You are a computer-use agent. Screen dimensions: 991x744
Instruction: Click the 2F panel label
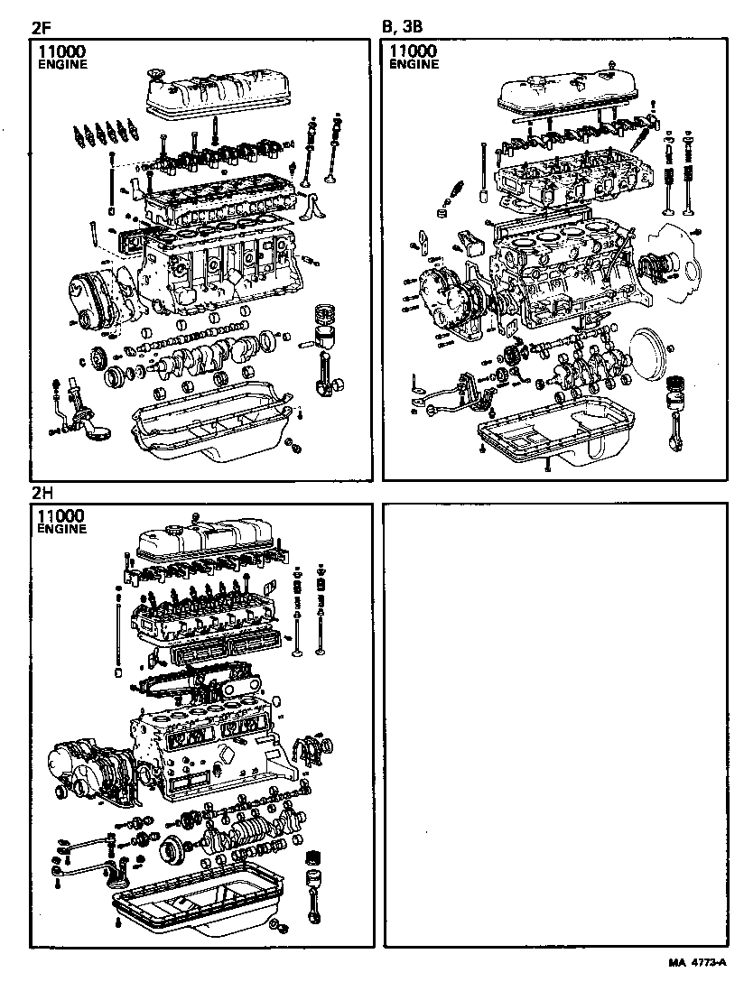(x=41, y=28)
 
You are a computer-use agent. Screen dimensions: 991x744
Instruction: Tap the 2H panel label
(x=42, y=493)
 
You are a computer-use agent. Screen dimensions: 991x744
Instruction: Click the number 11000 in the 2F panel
(x=64, y=52)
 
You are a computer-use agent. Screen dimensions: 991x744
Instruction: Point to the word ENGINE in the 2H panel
(x=62, y=529)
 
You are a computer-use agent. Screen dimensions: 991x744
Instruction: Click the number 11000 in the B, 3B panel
(x=414, y=52)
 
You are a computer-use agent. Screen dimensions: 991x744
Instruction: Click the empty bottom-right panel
(x=555, y=722)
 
